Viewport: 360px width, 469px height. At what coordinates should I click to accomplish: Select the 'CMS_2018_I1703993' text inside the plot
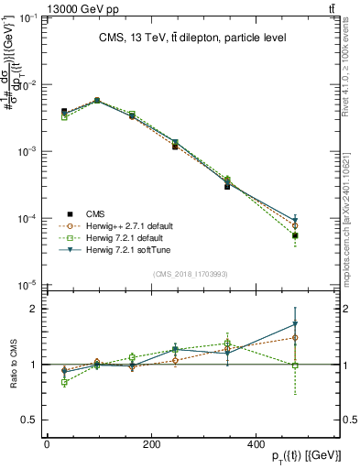(191, 274)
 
